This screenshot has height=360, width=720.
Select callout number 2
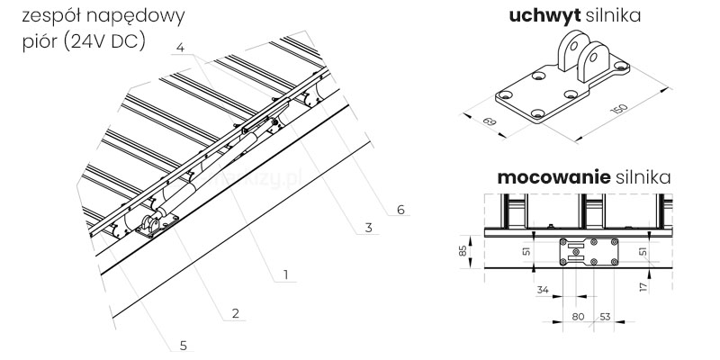(234, 313)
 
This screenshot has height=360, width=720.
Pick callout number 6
(400, 210)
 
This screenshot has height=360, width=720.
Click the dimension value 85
(463, 249)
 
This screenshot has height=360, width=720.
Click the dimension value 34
(542, 290)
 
